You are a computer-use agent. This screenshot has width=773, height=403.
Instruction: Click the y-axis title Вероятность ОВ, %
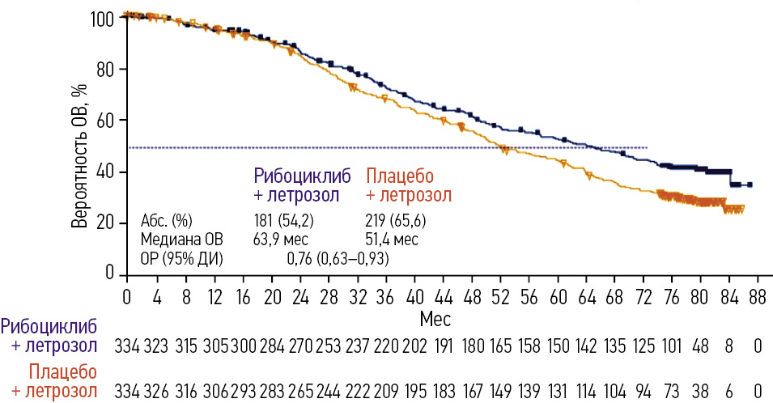(x=79, y=146)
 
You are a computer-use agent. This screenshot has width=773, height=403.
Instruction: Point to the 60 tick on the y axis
(x=108, y=121)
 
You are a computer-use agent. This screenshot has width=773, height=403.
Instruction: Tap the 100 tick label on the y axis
(x=105, y=18)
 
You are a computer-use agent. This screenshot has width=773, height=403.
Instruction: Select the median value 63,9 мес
(x=281, y=240)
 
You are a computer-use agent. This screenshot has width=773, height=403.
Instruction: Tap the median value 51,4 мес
(x=393, y=240)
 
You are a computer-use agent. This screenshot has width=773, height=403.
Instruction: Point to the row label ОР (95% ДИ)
(x=181, y=259)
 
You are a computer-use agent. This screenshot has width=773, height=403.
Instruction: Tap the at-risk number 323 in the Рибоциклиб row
(x=156, y=347)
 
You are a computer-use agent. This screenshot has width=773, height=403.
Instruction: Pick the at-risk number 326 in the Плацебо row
(x=156, y=390)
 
